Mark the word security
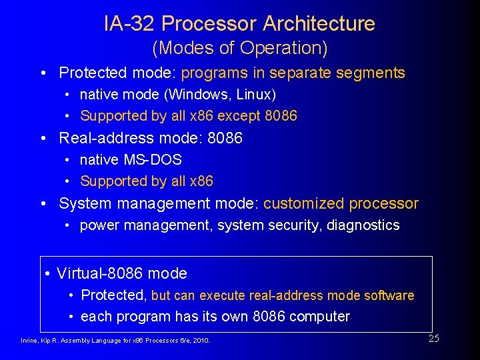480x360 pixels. [295, 225]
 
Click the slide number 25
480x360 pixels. [433, 339]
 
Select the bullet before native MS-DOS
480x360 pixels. [69, 160]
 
